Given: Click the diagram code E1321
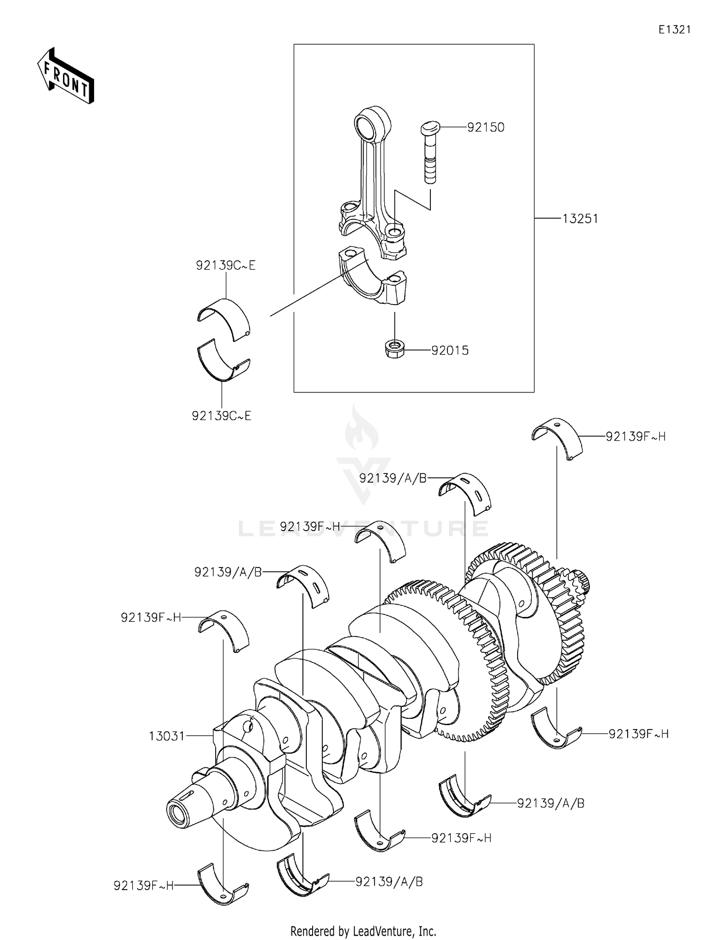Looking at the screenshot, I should click(x=674, y=30).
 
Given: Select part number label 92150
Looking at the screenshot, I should click(x=486, y=127).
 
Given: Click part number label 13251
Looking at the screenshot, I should click(x=580, y=219).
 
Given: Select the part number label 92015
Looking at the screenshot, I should click(x=450, y=350).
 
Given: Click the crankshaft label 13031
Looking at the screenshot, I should click(x=167, y=736).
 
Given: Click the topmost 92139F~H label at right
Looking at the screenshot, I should click(x=635, y=437).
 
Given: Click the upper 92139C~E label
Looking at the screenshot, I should click(x=225, y=265).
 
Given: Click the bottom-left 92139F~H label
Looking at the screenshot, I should click(x=143, y=886).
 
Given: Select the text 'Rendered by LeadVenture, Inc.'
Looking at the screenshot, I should click(x=363, y=931).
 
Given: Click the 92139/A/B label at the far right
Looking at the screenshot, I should click(x=551, y=803).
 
